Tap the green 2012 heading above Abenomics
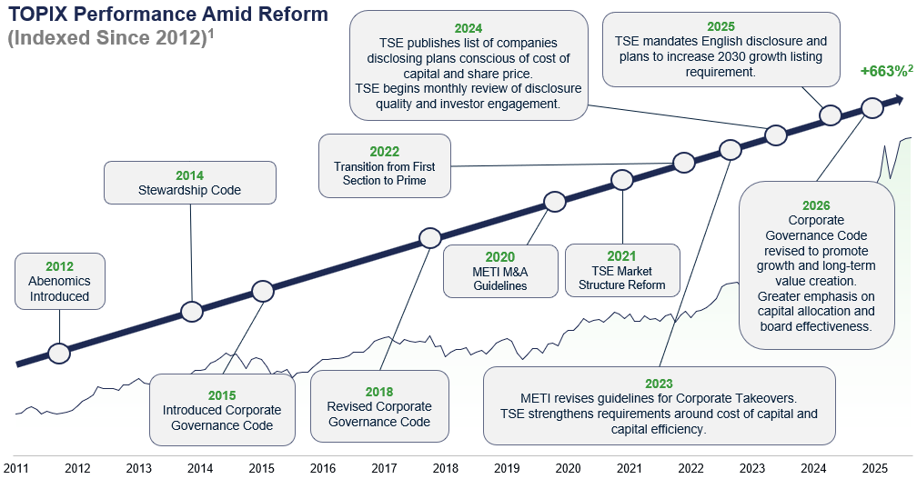point(60,266)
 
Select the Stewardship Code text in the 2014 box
point(189,191)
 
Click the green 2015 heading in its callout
point(222,395)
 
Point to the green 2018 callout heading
point(379,392)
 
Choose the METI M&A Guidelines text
point(500,279)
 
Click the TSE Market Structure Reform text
point(621,278)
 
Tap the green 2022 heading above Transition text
point(384,152)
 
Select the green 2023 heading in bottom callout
point(659,384)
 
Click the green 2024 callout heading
point(469,28)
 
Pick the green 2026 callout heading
point(816,205)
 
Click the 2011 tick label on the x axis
point(15,468)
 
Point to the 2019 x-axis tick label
point(507,468)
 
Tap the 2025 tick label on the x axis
point(875,468)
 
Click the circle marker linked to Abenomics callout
point(59,353)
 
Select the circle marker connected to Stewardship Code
point(192,312)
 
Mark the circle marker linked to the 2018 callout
point(430,238)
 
